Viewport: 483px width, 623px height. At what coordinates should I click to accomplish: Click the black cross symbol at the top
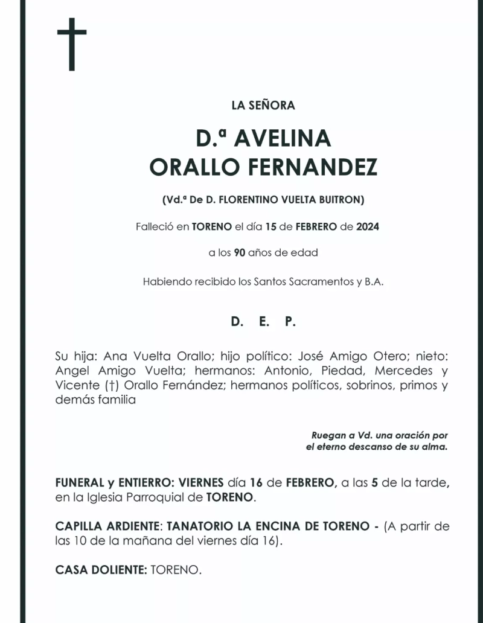pos(72,44)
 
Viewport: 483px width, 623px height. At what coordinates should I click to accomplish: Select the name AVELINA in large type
pos(282,139)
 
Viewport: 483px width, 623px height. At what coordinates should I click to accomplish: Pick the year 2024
pos(368,227)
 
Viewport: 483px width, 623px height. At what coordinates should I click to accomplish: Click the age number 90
pos(240,253)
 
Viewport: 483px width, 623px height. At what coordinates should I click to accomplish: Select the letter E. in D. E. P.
pos(263,322)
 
